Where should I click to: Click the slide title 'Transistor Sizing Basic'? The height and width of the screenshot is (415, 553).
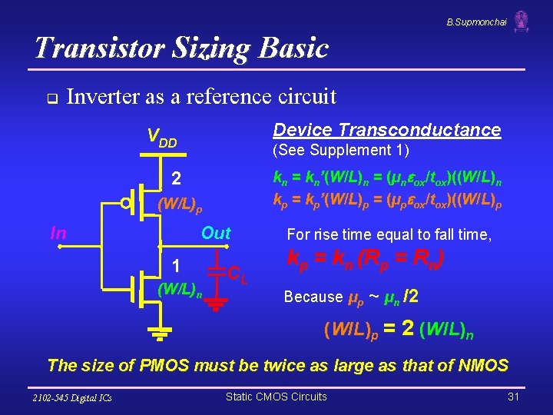181,48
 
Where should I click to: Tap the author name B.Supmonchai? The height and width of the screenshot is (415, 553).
476,22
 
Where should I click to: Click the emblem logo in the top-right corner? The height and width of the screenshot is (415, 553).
522,21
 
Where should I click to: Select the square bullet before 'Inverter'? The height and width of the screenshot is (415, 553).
50,98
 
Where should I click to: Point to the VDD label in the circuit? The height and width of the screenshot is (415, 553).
162,138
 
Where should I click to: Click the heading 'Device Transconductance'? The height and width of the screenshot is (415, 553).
387,130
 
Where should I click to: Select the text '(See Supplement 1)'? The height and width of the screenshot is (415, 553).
341,150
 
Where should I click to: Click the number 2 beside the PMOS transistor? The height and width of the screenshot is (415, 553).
176,178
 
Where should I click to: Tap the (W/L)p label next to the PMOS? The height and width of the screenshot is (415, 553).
180,205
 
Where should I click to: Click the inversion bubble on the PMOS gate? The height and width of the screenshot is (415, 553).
125,204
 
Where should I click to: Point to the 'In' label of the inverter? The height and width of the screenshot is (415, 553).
58,233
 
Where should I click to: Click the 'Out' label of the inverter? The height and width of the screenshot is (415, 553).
216,233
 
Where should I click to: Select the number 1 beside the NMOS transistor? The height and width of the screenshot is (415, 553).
176,266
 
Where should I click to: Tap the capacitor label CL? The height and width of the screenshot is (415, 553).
238,272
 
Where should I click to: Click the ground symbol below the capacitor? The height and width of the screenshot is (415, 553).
217,305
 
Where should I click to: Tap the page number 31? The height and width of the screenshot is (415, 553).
514,397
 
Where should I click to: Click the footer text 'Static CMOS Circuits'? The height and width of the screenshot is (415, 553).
276,397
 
